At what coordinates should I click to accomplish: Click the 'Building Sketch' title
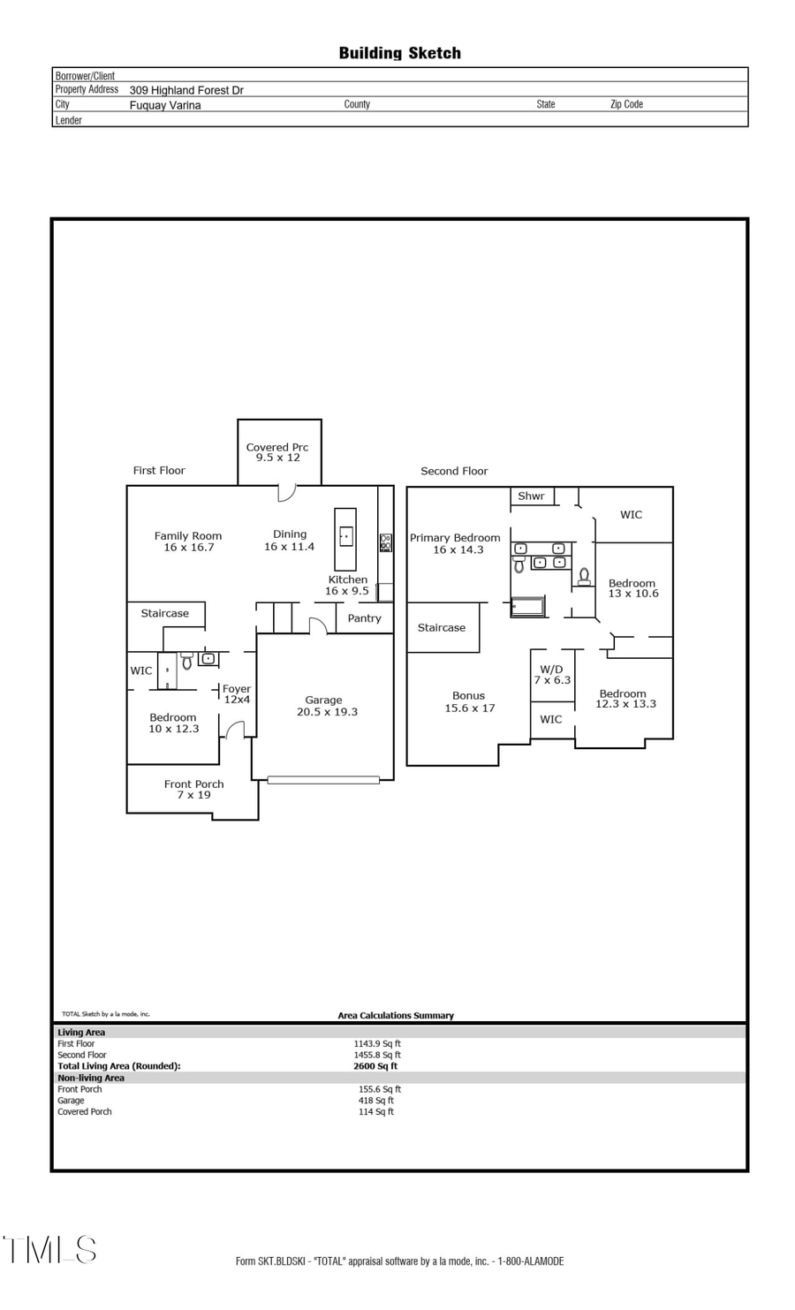coord(399,53)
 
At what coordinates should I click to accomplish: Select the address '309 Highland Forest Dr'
coord(186,90)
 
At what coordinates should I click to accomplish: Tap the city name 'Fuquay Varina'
coord(165,105)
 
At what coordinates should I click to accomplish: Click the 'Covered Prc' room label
coord(277,447)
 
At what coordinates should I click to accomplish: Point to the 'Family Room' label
coord(188,535)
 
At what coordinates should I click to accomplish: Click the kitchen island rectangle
coord(345,539)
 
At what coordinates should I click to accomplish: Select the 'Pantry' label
coord(364,618)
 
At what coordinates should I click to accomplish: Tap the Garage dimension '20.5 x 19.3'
coord(327,712)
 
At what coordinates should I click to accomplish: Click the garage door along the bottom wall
coord(323,780)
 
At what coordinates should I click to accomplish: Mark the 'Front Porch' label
coord(193,784)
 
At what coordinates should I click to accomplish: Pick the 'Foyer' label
coord(237,689)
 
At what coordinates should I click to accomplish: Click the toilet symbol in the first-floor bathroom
coord(186,662)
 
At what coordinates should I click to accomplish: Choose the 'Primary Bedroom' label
coord(455,537)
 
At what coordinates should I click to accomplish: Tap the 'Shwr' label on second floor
coord(531,496)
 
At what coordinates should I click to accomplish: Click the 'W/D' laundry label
coord(551,669)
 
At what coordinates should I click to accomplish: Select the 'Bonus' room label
coord(468,695)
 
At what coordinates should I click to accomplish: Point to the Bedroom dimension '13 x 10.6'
coord(633,594)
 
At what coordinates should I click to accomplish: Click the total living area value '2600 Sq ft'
coord(375,1066)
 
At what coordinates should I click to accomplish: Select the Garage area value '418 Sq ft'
coord(376,1101)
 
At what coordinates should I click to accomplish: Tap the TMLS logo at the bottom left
coord(49,1250)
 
